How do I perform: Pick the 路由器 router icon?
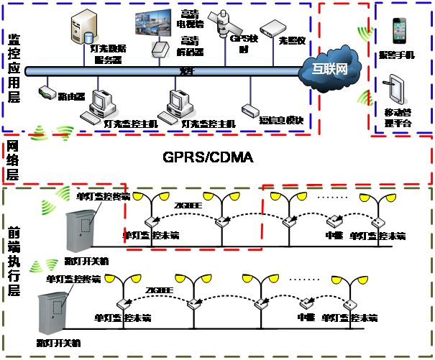pyautogui.click(x=47, y=93)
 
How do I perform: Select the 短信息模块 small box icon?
pyautogui.click(x=250, y=110)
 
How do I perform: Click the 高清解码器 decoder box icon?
pyautogui.click(x=160, y=48)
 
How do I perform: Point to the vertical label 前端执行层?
pyautogui.click(x=13, y=263)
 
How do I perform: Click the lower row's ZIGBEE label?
pyautogui.click(x=160, y=290)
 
